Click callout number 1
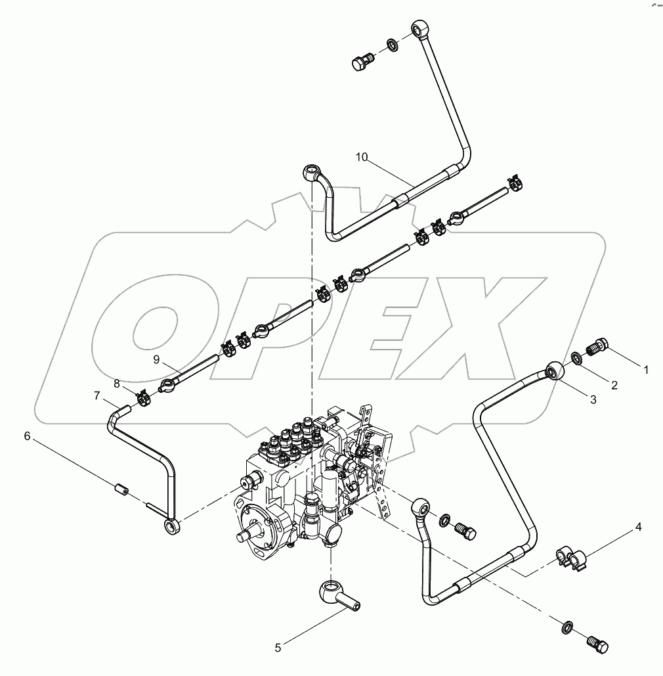pyautogui.click(x=646, y=370)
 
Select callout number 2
pyautogui.click(x=614, y=386)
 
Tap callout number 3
pyautogui.click(x=593, y=399)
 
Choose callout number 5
pyautogui.click(x=278, y=648)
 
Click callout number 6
pyautogui.click(x=28, y=436)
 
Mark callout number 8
pyautogui.click(x=117, y=382)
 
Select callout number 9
pyautogui.click(x=157, y=359)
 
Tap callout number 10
pyautogui.click(x=361, y=156)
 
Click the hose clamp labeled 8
pyautogui.click(x=142, y=396)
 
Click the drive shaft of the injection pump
pyautogui.click(x=247, y=535)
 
